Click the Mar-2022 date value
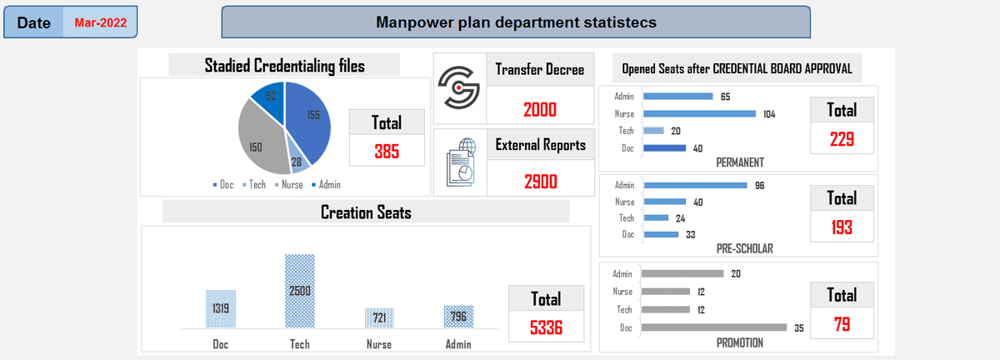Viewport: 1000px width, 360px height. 101,22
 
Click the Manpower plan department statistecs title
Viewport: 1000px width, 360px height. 516,22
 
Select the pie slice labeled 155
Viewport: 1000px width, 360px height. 310,121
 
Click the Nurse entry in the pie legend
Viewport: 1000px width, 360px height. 287,184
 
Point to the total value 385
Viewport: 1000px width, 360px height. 386,151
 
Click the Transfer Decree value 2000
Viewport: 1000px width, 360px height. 540,109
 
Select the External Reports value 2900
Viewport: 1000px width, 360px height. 540,181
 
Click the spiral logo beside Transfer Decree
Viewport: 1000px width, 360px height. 460,86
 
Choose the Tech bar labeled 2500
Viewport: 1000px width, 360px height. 300,291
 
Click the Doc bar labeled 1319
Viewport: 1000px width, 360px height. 221,308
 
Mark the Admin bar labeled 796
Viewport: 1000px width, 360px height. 458,317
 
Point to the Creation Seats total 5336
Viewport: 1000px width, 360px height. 546,327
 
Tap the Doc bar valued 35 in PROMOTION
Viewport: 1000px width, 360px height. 713,327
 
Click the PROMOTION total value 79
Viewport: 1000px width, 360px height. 842,324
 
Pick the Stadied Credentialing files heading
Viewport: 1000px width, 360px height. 284,66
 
